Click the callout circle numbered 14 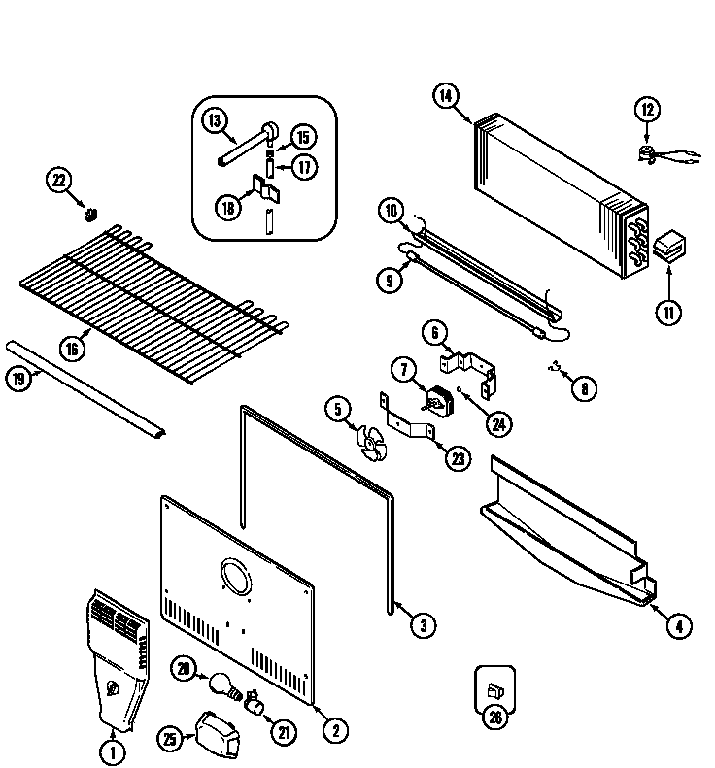445,95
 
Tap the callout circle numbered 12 648,110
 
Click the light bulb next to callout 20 221,685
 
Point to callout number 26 494,718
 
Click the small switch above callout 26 494,690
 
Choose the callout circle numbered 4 679,626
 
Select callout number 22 59,180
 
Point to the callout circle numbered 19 18,380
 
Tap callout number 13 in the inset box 215,121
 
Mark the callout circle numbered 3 422,626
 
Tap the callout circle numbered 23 458,459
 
